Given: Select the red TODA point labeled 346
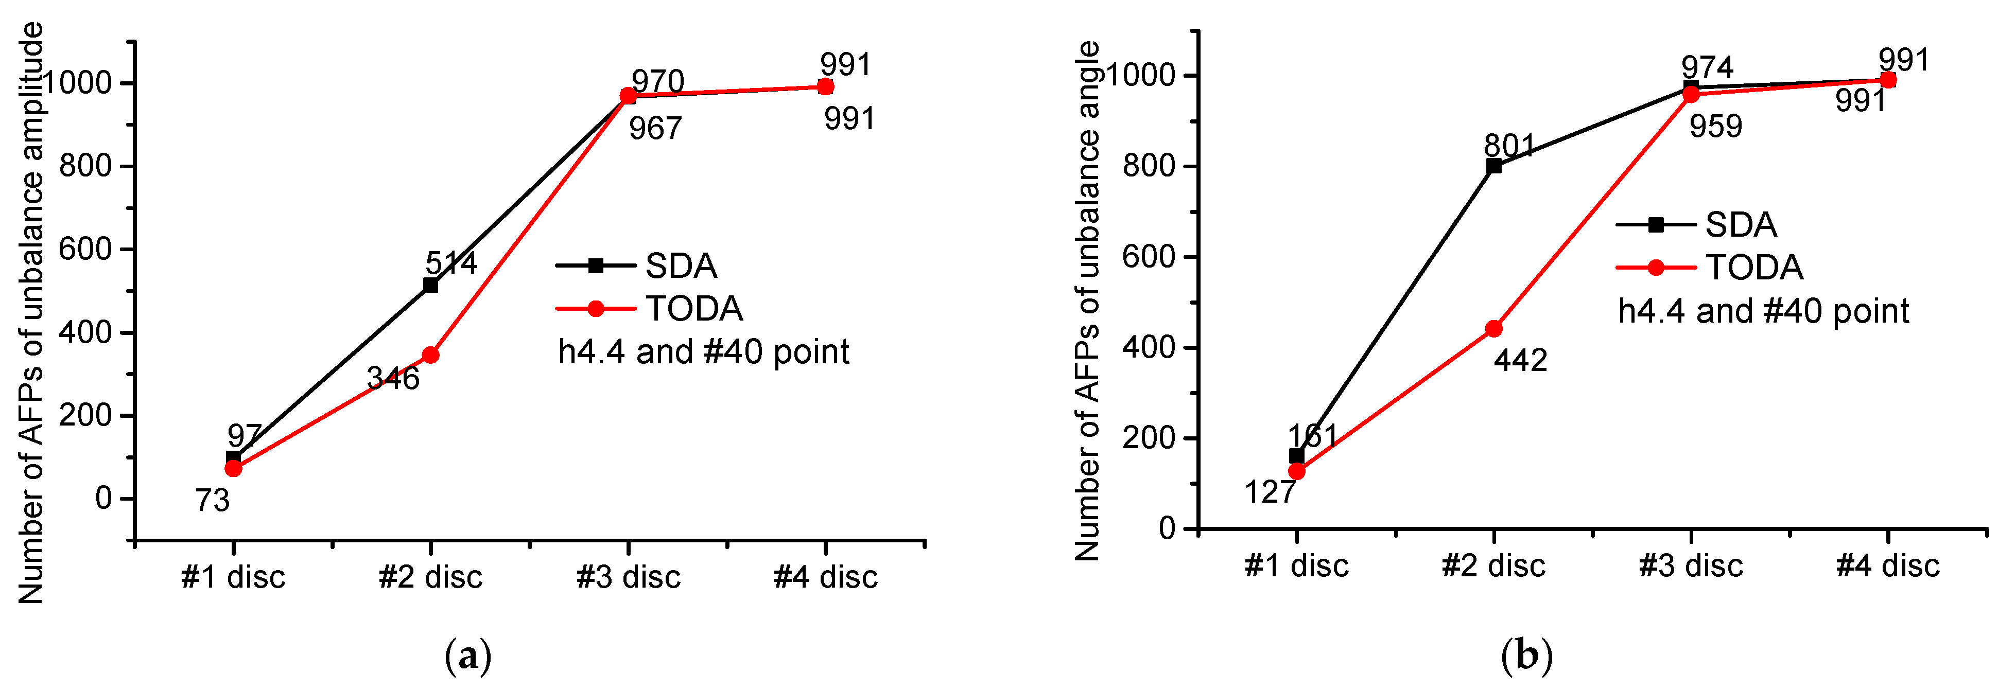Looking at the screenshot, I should coord(430,355).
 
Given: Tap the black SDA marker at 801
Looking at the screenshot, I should coord(1493,166).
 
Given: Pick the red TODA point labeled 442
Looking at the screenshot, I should coord(1493,329).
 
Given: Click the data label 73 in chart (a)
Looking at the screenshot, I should coord(213,501).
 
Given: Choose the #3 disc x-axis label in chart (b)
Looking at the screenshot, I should coord(1691,566).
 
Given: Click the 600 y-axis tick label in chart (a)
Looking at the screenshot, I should coord(86,249).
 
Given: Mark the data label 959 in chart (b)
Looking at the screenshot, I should coord(1716,127).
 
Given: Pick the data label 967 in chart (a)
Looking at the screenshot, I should coord(655,129).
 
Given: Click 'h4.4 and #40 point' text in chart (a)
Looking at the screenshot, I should coord(703,352).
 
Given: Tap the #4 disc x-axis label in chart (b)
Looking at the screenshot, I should coord(1888,566).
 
